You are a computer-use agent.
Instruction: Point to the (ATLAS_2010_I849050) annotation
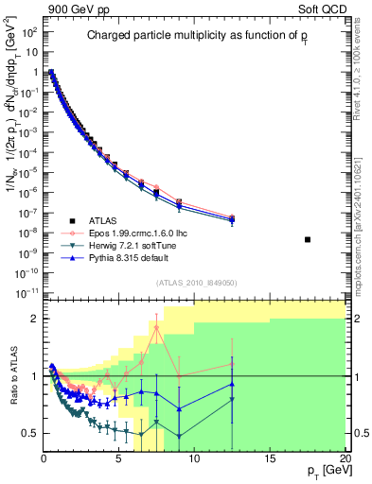[195, 282]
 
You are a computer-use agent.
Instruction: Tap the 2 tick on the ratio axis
[35, 319]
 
